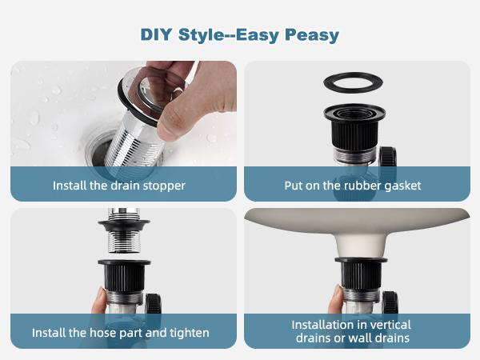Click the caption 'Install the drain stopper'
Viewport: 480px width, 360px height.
(x=119, y=186)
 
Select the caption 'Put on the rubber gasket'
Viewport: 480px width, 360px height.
(x=353, y=186)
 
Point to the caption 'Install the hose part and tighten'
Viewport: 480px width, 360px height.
(x=121, y=332)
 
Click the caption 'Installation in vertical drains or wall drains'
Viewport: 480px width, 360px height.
(x=351, y=331)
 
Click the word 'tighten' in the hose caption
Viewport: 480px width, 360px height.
(x=190, y=332)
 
